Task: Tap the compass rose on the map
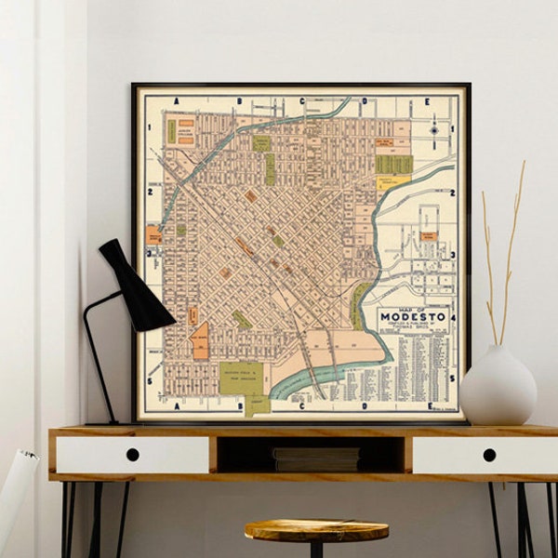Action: coord(434,130)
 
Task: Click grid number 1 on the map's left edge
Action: coord(148,126)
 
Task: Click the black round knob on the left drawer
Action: coord(132,455)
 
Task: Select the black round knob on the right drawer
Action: coord(489,455)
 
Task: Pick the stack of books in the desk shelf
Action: coord(316,458)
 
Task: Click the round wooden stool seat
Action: coord(317,530)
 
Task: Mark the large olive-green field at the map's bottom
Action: coord(241,379)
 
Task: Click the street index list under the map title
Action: coord(414,363)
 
